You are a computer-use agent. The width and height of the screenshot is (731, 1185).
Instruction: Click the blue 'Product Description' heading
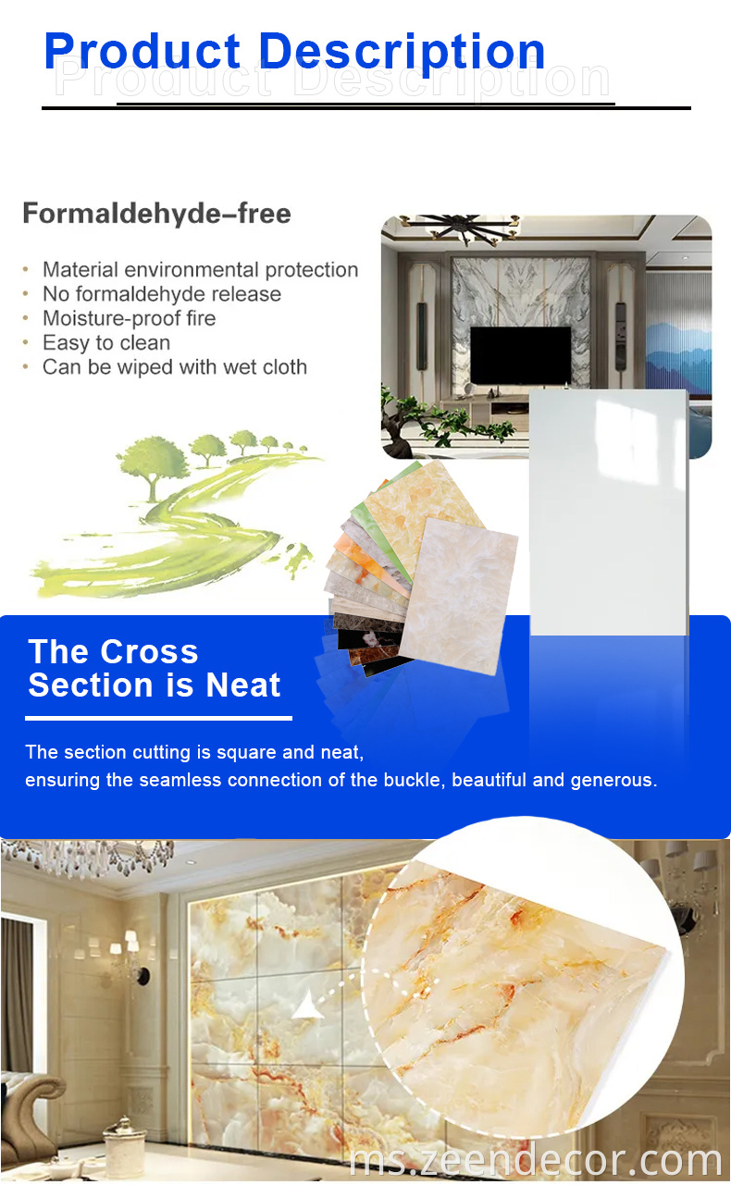294,52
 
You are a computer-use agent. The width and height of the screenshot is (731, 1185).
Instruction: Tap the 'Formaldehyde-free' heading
156,214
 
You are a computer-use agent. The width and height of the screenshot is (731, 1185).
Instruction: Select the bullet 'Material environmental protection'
200,270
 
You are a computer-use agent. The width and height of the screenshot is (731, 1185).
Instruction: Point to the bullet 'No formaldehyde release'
161,294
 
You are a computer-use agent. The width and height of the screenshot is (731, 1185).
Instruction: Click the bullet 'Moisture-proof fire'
129,318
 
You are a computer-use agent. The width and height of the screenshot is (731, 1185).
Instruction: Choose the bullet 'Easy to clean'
105,342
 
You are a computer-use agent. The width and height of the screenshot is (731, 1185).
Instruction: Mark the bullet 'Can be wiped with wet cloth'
174,366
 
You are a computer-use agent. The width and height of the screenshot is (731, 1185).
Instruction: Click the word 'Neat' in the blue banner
243,685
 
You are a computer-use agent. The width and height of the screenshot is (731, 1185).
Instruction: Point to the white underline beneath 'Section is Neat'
158,718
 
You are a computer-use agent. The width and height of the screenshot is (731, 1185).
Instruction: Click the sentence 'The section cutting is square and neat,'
194,751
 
